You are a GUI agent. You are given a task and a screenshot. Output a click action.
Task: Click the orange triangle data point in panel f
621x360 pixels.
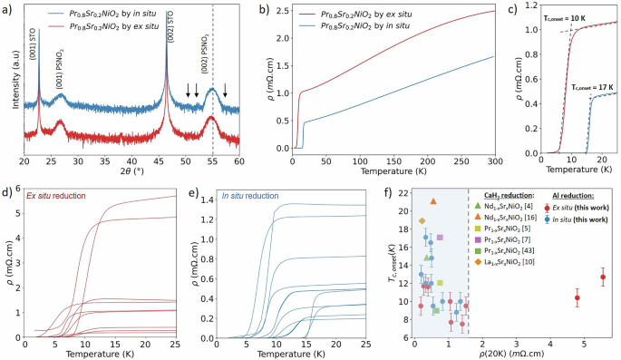433,201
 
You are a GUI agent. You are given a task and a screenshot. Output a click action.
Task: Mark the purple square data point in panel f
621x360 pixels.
440,238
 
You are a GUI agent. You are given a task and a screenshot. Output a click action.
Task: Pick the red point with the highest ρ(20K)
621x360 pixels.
603,277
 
